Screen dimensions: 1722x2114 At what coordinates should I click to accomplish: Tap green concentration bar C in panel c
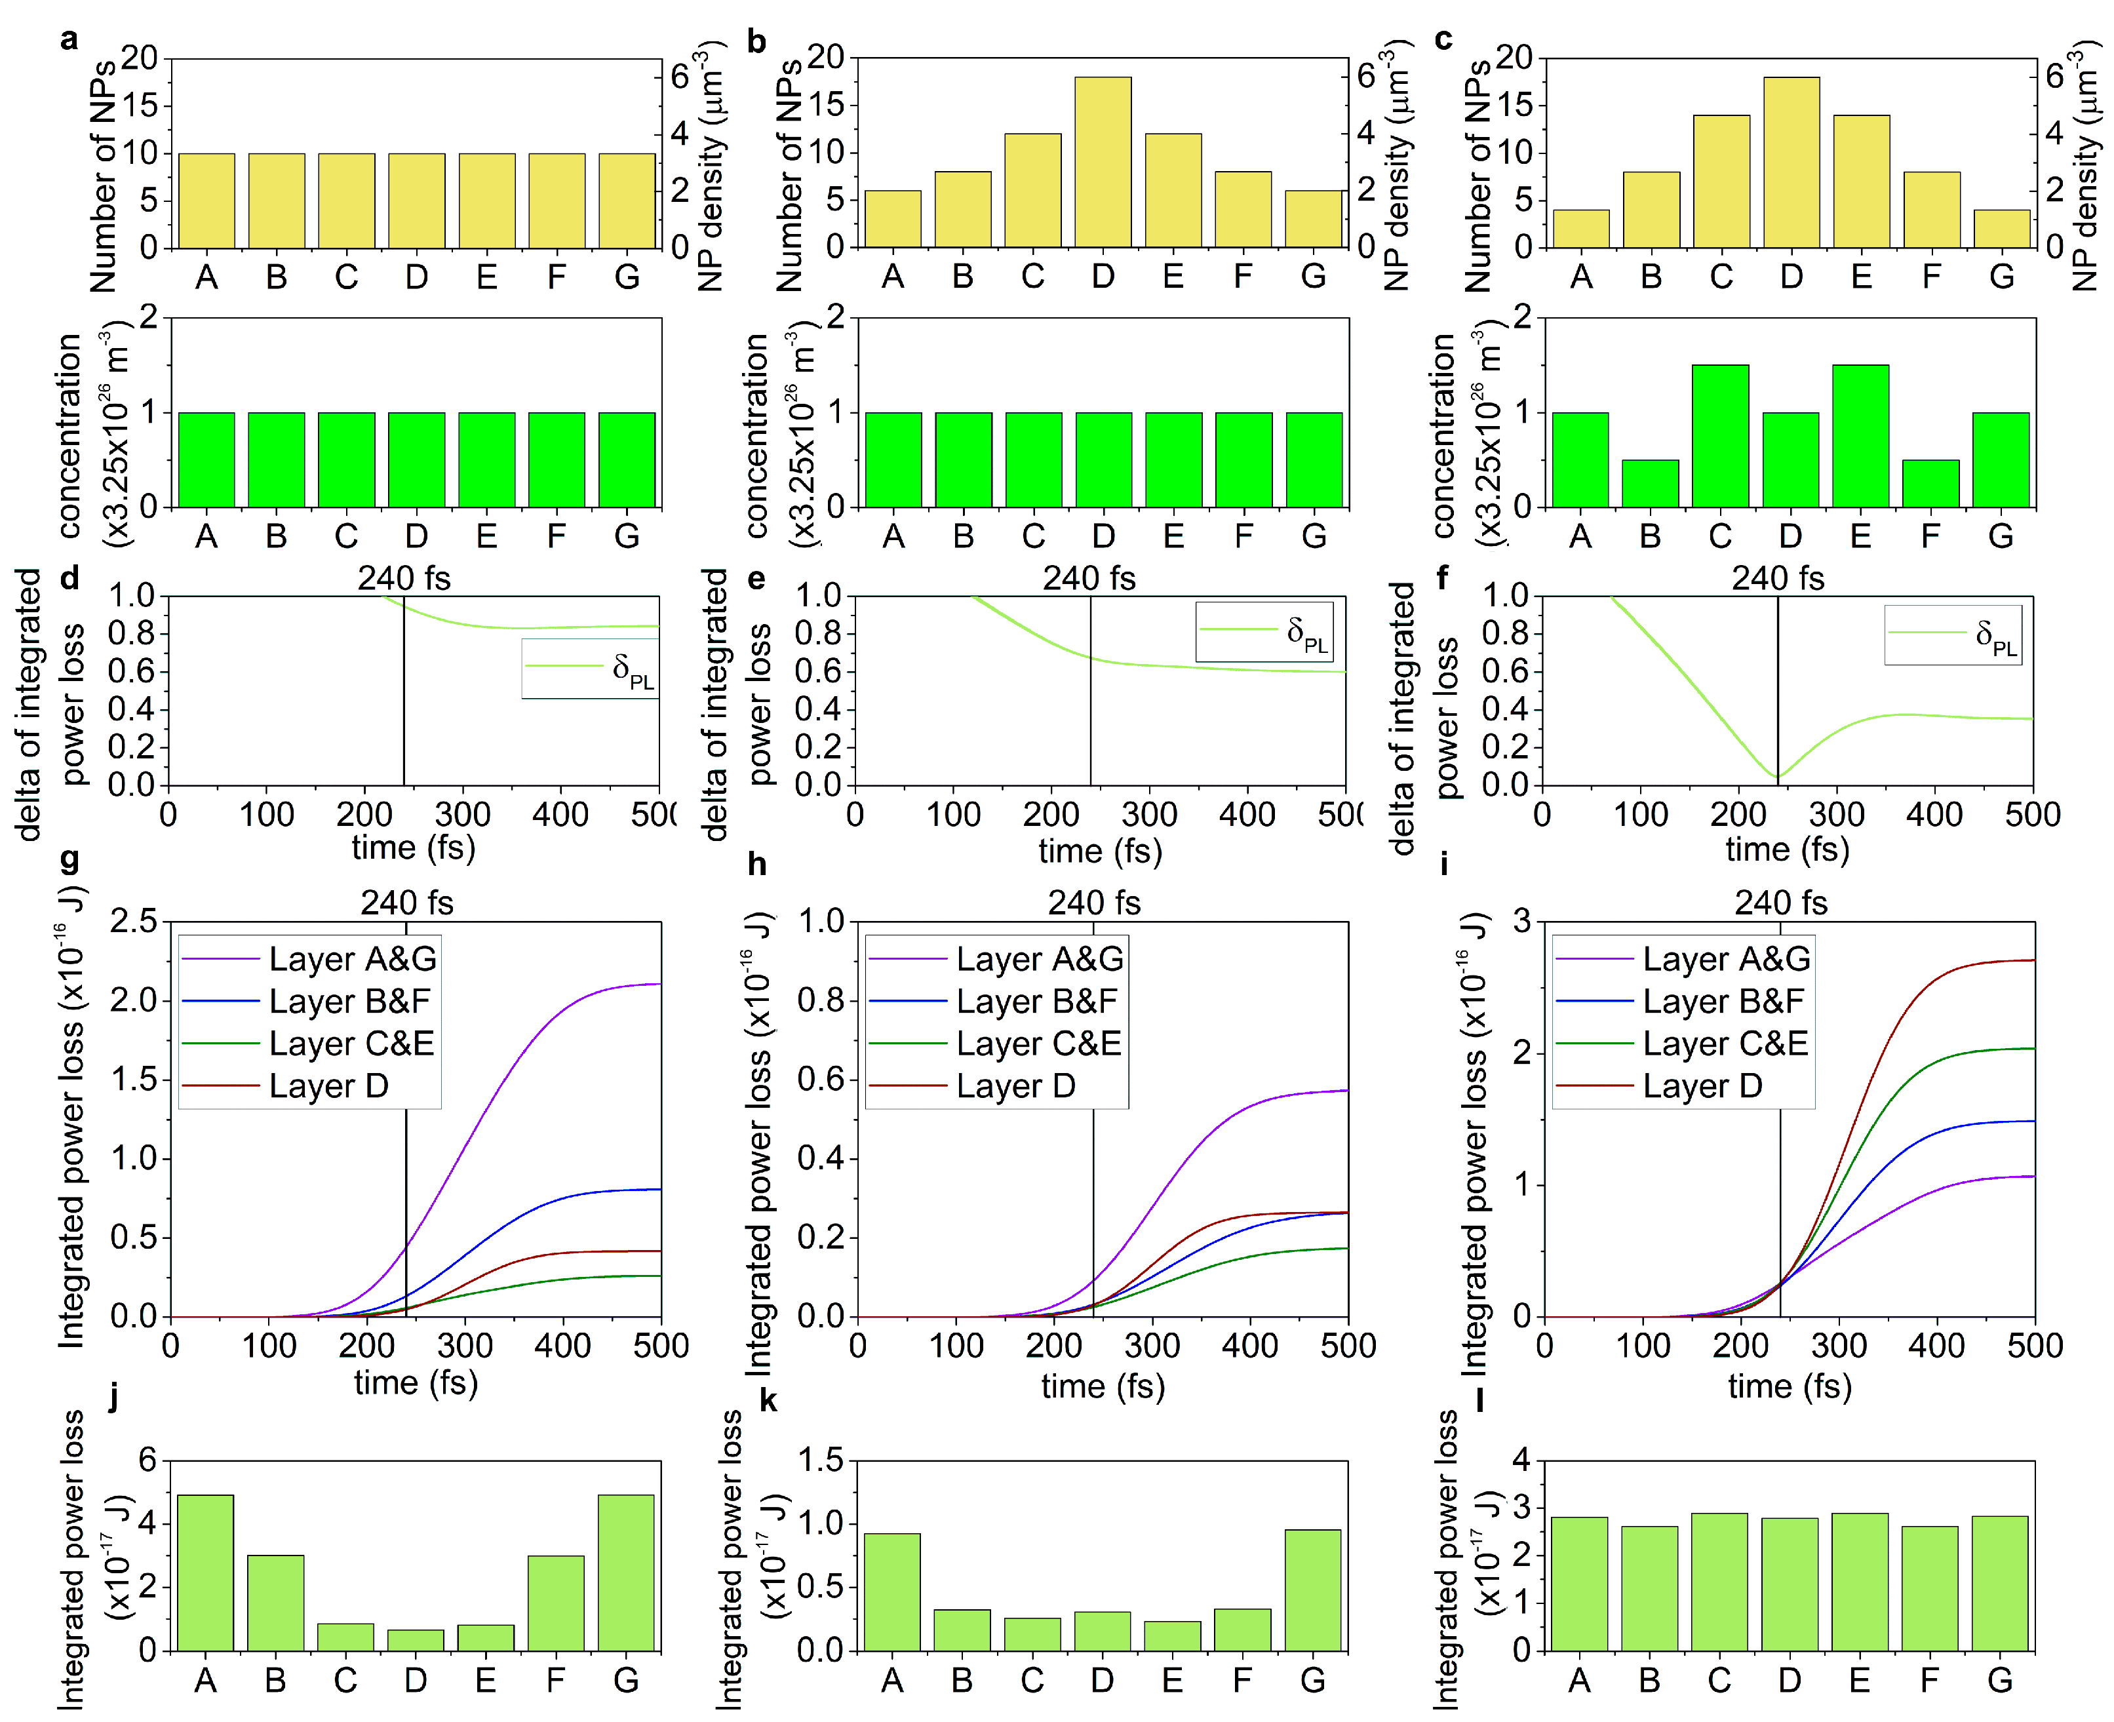pos(1720,437)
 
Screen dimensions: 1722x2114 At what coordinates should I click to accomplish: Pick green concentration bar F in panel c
pos(1930,483)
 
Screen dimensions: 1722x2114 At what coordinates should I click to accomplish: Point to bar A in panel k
pos(892,1591)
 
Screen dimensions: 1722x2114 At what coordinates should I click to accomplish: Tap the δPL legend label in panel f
pos(1996,636)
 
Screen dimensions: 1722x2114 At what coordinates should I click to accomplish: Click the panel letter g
pos(69,859)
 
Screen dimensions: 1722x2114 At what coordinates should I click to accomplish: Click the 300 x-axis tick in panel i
pos(1838,1345)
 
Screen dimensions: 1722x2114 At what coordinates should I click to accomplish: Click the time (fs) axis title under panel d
pos(414,848)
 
